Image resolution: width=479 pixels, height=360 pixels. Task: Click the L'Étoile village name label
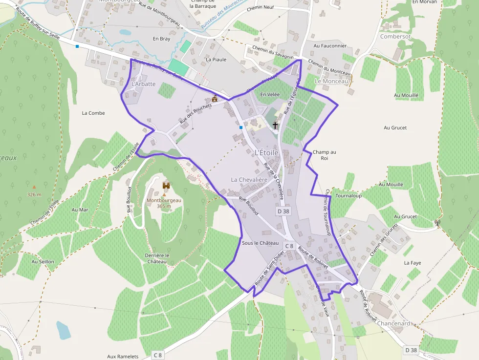[266, 152]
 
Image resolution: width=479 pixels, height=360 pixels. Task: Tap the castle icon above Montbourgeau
[166, 186]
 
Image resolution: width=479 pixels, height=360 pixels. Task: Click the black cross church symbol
[275, 125]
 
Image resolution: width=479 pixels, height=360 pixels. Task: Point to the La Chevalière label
[249, 180]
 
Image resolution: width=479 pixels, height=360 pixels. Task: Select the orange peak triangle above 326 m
[34, 187]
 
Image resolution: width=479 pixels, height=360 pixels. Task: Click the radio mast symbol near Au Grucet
[437, 222]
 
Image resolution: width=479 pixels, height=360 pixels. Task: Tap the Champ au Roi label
[324, 155]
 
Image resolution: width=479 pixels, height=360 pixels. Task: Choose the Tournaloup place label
[348, 195]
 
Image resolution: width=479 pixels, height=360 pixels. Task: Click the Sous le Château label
[260, 243]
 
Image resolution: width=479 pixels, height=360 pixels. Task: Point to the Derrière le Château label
[157, 258]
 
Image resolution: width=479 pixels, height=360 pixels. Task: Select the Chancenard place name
[394, 324]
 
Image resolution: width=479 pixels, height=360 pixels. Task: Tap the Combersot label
[396, 36]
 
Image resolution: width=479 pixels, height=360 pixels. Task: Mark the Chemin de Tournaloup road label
[327, 212]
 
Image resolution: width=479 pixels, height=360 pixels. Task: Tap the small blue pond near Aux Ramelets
[63, 330]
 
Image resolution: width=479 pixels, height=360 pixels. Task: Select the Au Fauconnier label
[330, 46]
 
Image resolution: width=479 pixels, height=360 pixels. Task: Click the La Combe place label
[93, 113]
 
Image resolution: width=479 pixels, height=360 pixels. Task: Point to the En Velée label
[269, 94]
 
